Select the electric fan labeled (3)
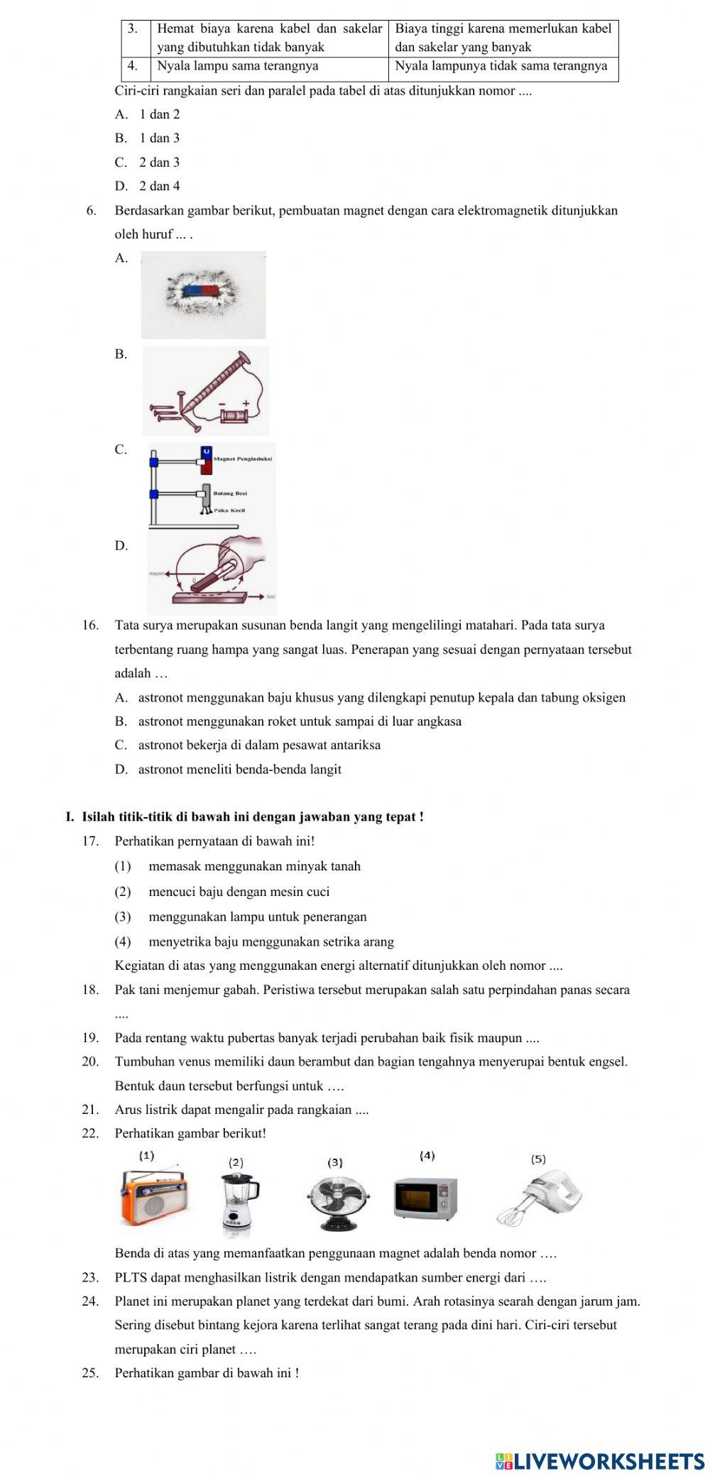pos(338,1201)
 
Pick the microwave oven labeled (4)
pos(426,1200)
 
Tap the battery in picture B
pos(232,415)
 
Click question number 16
pos(90,625)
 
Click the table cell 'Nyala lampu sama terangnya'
pos(237,66)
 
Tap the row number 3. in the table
pos(133,29)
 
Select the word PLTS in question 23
pos(129,1278)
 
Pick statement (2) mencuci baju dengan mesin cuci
pos(239,892)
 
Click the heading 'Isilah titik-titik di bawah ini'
pos(253,817)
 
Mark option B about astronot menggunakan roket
pos(299,721)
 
